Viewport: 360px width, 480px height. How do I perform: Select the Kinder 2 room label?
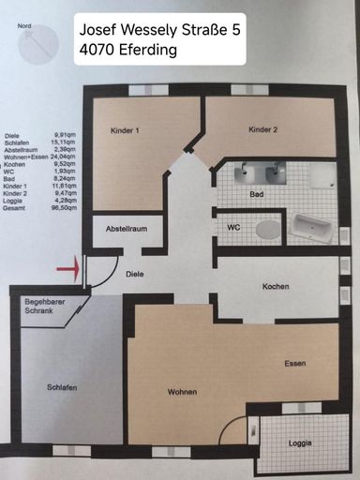[264, 128]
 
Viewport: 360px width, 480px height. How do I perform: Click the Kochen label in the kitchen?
[276, 287]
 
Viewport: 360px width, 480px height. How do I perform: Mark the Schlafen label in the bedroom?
[61, 387]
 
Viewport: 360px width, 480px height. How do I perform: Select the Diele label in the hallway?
[132, 274]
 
